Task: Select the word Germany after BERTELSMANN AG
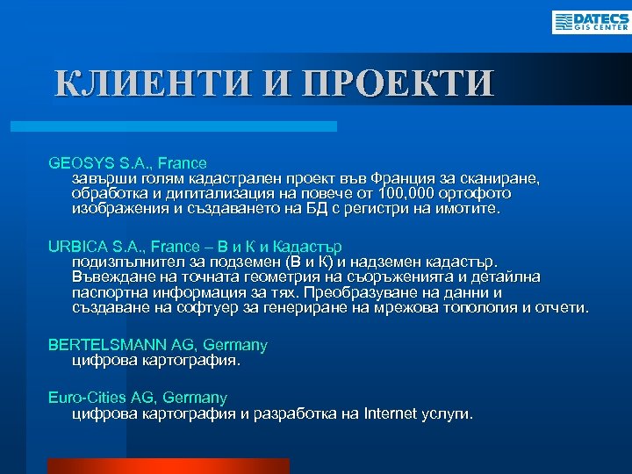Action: pyautogui.click(x=237, y=345)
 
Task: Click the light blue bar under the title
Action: pyautogui.click(x=176, y=127)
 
